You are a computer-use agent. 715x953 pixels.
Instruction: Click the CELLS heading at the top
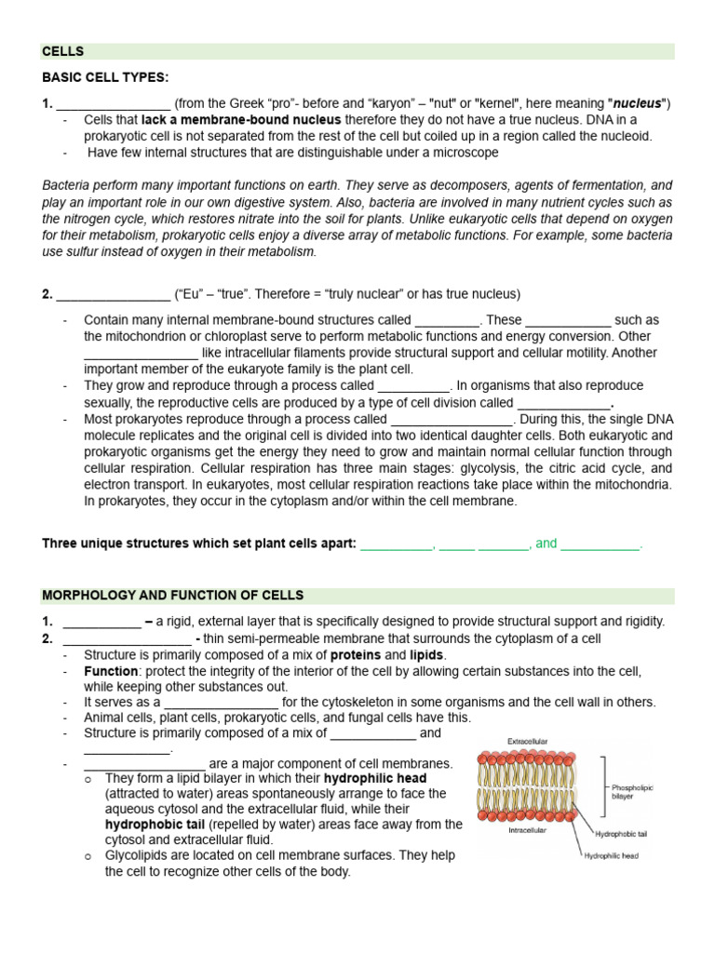point(62,51)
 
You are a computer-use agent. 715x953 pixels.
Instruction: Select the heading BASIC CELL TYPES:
point(105,77)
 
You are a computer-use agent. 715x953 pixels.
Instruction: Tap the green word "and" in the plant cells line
point(546,544)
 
